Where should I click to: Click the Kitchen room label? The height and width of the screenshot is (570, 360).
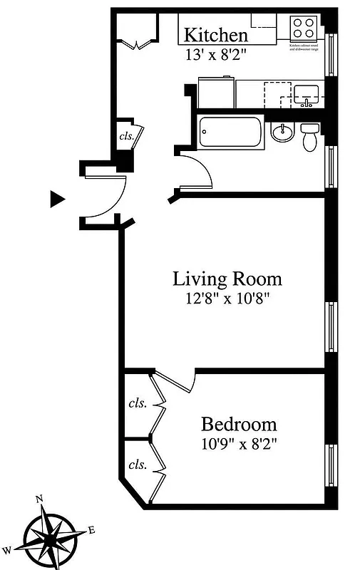point(216,35)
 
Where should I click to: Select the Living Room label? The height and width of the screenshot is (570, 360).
point(227,279)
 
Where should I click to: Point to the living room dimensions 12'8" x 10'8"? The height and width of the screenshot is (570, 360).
point(227,298)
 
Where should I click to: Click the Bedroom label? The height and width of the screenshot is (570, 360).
point(238,425)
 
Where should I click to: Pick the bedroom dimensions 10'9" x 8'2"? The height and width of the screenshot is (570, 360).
point(238,445)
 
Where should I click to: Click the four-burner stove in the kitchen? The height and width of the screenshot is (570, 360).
point(304,28)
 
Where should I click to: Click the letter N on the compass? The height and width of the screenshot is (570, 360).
point(40,499)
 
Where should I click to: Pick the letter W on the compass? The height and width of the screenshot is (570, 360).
point(7,549)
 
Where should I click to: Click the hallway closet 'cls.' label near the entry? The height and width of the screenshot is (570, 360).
point(126,136)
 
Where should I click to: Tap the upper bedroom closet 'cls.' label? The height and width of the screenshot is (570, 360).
point(137,403)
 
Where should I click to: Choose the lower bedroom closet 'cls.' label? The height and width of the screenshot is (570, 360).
point(137,465)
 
